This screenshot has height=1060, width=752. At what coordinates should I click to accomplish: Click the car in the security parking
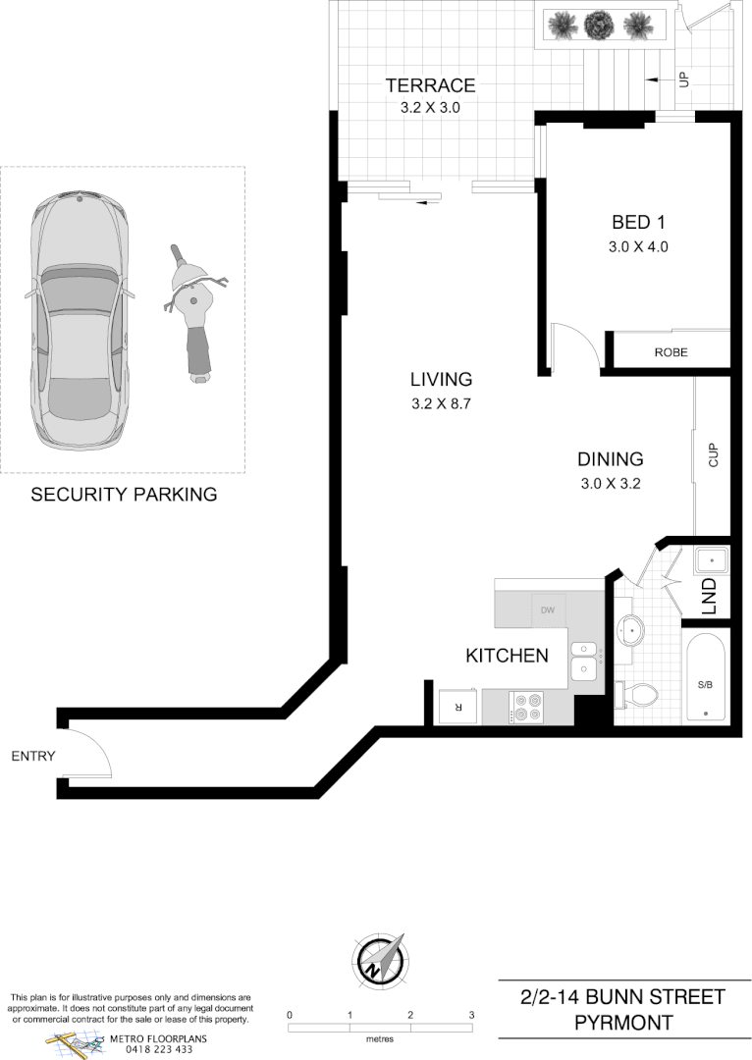coord(80,319)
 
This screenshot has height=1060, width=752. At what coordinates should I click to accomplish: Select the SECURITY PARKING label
coord(124,495)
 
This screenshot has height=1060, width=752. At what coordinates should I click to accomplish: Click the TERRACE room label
coord(430,85)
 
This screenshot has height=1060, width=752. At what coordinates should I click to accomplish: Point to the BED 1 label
coord(638,222)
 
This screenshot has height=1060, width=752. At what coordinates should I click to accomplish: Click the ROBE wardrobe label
coord(671,352)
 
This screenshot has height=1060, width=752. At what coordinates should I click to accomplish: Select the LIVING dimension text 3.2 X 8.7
coord(443,402)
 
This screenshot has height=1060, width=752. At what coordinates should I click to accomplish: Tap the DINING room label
coord(610,459)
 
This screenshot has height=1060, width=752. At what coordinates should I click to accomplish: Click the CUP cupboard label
coord(714,455)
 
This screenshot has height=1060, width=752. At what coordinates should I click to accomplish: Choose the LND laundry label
coord(710,598)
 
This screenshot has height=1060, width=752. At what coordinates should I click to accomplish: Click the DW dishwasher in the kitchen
coord(548,610)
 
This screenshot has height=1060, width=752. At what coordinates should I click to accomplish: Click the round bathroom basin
coord(630,629)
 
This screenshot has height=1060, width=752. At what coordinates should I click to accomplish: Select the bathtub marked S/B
coord(705,678)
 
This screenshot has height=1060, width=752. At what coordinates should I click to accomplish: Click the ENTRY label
coord(33,756)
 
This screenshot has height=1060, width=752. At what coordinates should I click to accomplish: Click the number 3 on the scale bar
coord(471,1015)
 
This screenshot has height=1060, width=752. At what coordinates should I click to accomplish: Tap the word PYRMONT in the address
coord(623,1023)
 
